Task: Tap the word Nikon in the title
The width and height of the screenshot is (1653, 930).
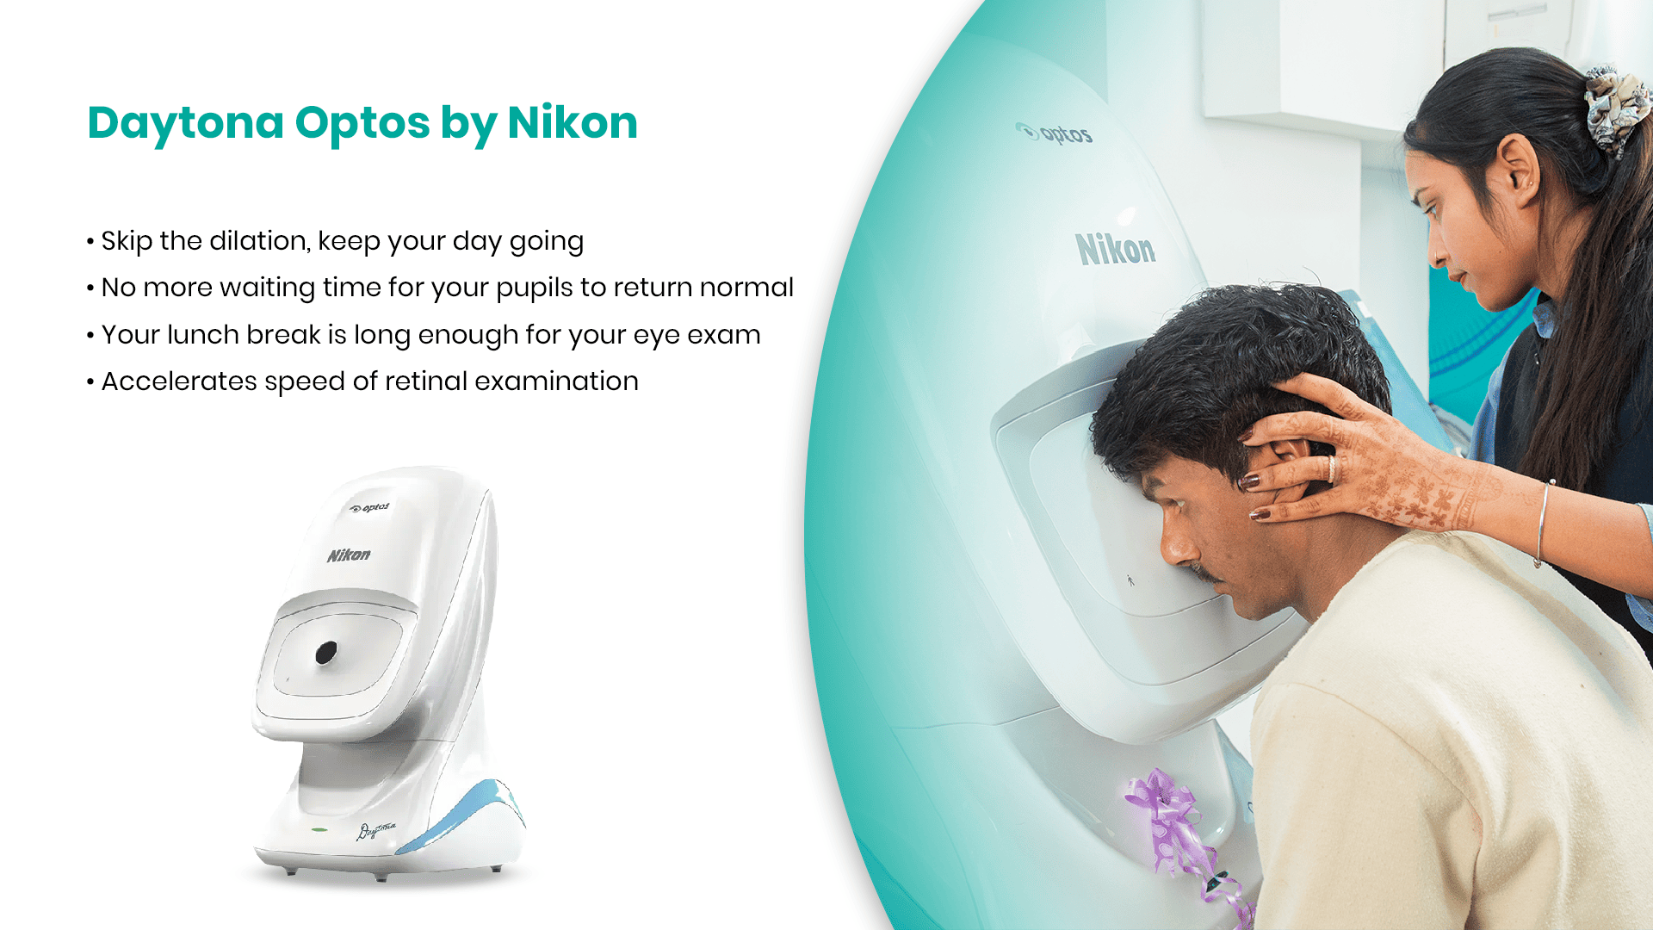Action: [x=573, y=123]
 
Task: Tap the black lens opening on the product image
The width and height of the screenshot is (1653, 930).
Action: [x=325, y=654]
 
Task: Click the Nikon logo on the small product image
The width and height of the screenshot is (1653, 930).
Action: [x=349, y=555]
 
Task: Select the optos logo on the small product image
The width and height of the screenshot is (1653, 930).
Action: [x=369, y=508]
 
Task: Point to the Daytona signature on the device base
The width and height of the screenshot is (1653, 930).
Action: [x=376, y=830]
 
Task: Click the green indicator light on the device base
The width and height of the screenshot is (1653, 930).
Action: [x=319, y=830]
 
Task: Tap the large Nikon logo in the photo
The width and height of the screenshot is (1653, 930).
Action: [x=1116, y=249]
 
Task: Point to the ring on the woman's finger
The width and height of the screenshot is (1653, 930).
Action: [x=1332, y=468]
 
